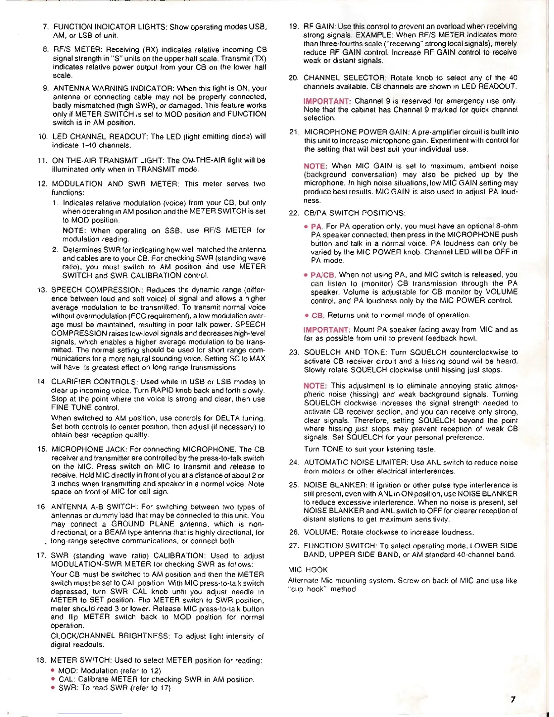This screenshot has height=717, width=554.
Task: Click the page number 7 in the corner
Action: tap(513, 699)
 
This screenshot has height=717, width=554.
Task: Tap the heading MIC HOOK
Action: tap(308, 569)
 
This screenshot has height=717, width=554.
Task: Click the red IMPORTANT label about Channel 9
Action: tap(327, 101)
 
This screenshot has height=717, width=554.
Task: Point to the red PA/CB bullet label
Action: tap(323, 275)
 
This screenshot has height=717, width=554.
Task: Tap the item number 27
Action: tap(294, 546)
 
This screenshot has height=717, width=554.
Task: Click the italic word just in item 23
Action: tap(361, 429)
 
